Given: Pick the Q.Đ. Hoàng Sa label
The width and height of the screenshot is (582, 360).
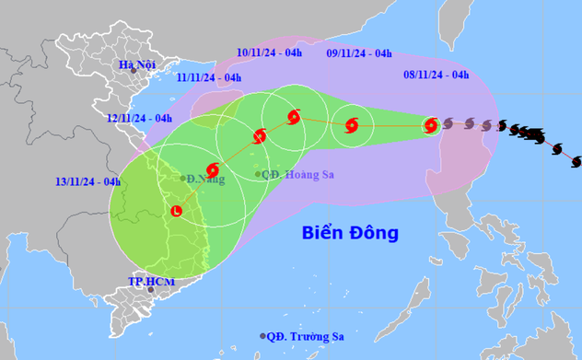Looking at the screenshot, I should pyautogui.click(x=296, y=173).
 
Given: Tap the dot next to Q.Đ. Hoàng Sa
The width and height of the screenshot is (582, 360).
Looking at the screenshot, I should pyautogui.click(x=258, y=173).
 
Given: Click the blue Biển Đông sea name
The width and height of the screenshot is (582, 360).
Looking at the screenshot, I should pyautogui.click(x=350, y=233).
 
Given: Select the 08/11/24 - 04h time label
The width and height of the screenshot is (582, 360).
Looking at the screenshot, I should pyautogui.click(x=436, y=75).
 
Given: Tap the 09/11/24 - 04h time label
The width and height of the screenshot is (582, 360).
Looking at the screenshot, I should pyautogui.click(x=359, y=53).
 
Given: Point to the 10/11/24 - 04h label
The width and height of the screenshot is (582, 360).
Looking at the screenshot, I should pyautogui.click(x=269, y=53).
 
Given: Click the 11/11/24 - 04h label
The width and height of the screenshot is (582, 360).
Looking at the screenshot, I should pyautogui.click(x=209, y=79).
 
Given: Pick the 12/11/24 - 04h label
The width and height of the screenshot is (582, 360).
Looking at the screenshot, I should pyautogui.click(x=139, y=118).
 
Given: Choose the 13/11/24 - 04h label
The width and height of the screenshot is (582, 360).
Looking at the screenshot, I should pyautogui.click(x=87, y=181).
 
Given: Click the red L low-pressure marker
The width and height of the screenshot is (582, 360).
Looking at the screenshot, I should pyautogui.click(x=176, y=211).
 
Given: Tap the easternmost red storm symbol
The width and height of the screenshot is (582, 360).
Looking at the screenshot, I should pyautogui.click(x=430, y=126).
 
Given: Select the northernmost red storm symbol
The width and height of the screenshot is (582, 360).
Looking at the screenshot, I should pyautogui.click(x=294, y=117).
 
